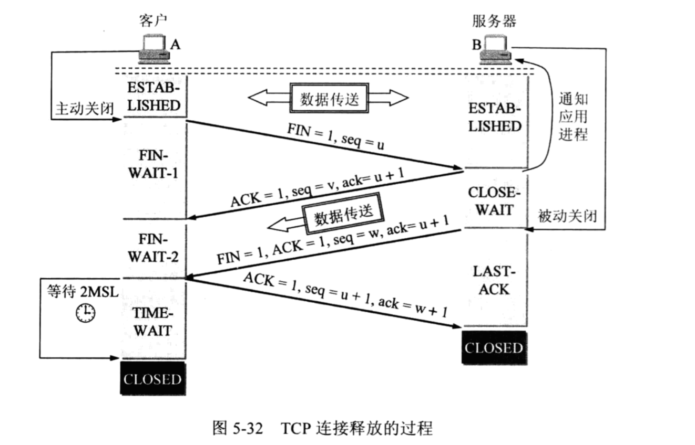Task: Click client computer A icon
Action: point(154,49)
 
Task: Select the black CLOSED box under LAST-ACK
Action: point(493,347)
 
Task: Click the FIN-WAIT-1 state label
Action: point(152,164)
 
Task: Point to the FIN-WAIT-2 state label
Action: point(152,249)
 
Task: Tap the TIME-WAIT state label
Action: point(152,322)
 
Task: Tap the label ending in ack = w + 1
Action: point(345,295)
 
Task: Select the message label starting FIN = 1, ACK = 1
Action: point(333,241)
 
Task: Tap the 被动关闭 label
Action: point(568,215)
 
